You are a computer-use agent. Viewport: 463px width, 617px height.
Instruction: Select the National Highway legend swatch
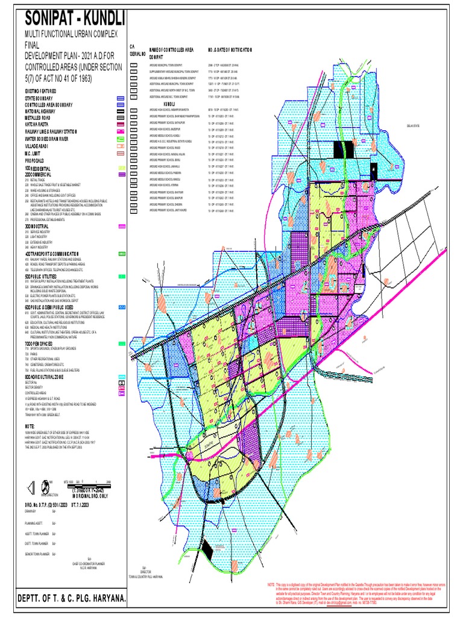[x=121, y=111]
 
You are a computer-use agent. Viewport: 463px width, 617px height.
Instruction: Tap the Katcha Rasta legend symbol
[x=121, y=124]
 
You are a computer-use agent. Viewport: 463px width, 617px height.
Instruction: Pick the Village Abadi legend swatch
[x=121, y=145]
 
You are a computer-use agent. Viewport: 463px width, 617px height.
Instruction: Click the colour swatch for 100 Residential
[x=122, y=168]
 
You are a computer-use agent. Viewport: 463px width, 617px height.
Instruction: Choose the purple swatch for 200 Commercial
[x=122, y=174]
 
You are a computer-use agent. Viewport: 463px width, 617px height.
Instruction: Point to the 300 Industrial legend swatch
[x=122, y=227]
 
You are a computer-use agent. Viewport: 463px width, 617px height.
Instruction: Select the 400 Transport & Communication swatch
[x=122, y=254]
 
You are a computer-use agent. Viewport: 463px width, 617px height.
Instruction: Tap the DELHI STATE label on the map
[x=414, y=127]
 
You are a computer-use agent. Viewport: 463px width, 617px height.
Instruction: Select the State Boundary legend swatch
[x=121, y=98]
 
